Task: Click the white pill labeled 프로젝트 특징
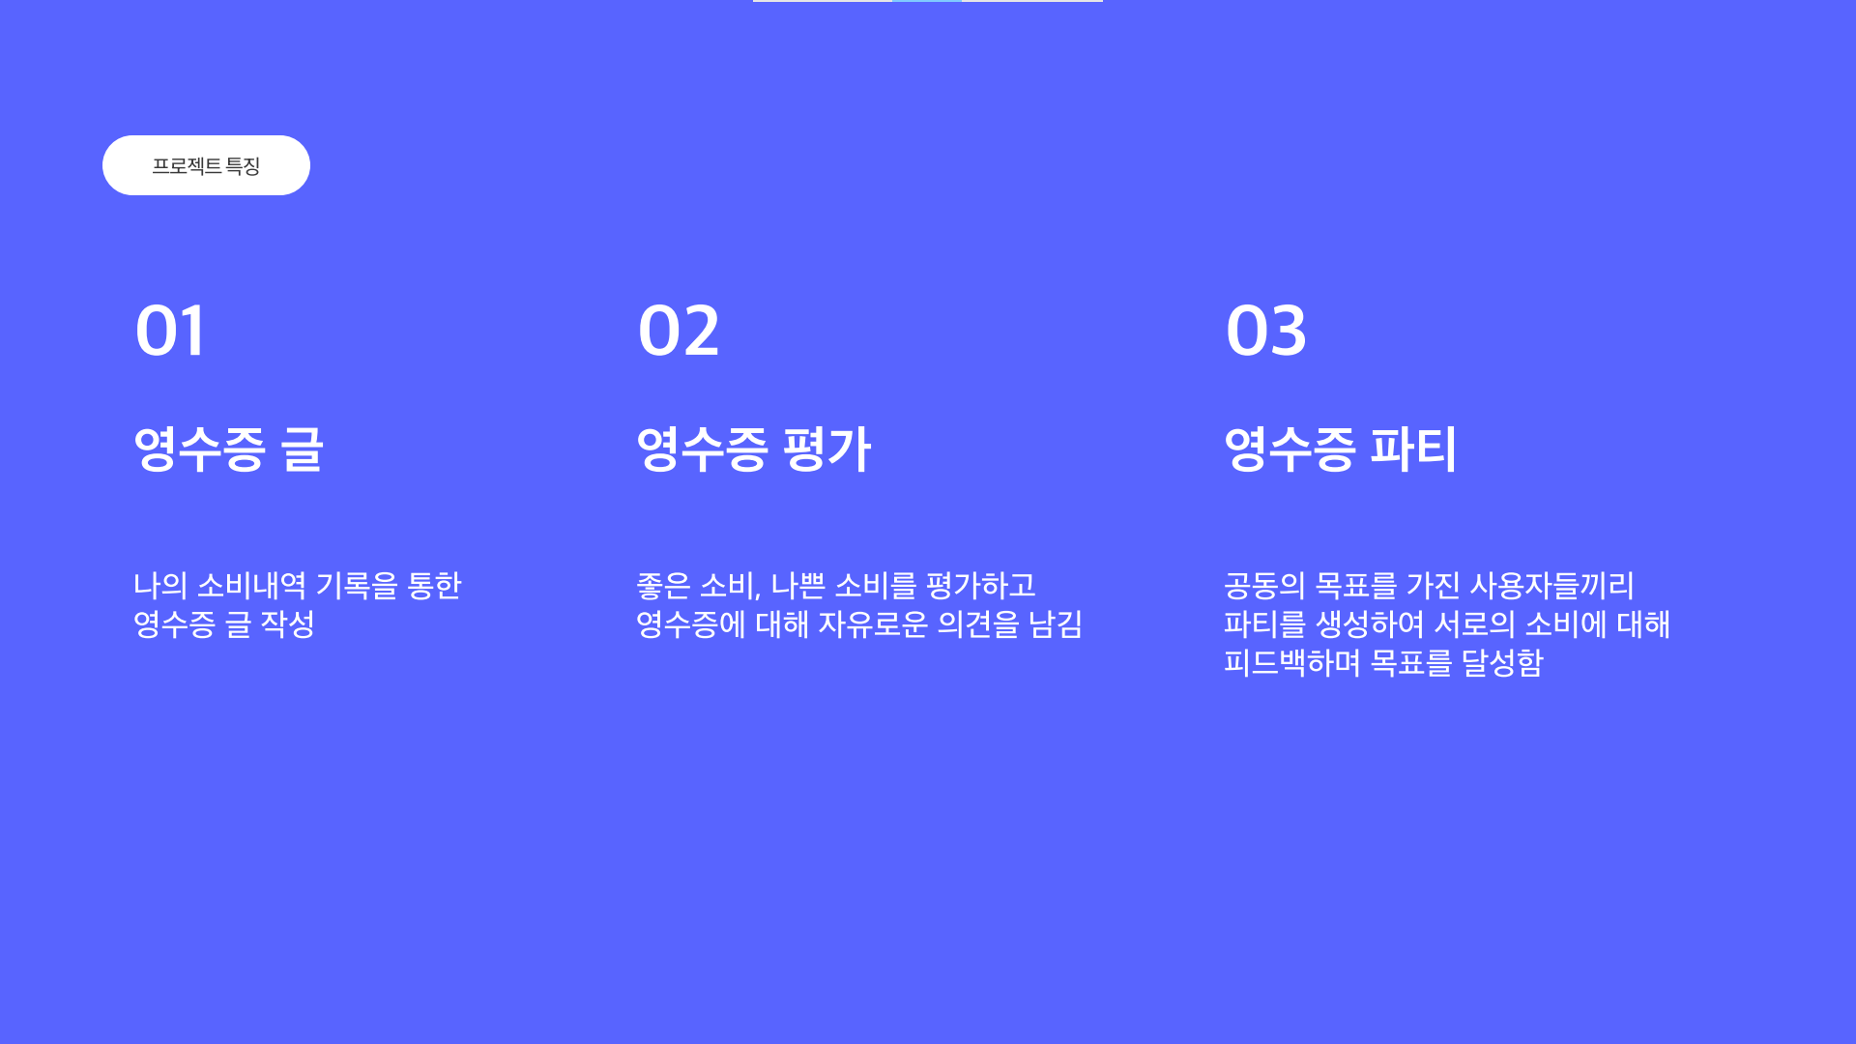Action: pyautogui.click(x=206, y=165)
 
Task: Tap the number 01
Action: pyautogui.click(x=170, y=331)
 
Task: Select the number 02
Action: pyautogui.click(x=679, y=331)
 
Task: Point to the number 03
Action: pyautogui.click(x=1265, y=331)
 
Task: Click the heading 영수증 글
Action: pyautogui.click(x=228, y=449)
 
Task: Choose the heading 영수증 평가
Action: pyautogui.click(x=754, y=449)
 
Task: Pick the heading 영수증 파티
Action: pyautogui.click(x=1340, y=449)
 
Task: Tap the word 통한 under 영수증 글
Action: pyautogui.click(x=434, y=586)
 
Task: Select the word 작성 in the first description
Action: pyautogui.click(x=288, y=624)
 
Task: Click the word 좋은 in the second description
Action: pyautogui.click(x=662, y=586)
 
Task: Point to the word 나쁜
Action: pyautogui.click(x=797, y=586)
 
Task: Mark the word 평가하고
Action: pyautogui.click(x=980, y=586)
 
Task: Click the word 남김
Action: pyautogui.click(x=1056, y=624)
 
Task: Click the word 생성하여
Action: pyautogui.click(x=1370, y=624)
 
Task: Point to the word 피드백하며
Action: pyautogui.click(x=1291, y=663)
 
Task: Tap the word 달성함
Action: pyautogui.click(x=1502, y=663)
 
